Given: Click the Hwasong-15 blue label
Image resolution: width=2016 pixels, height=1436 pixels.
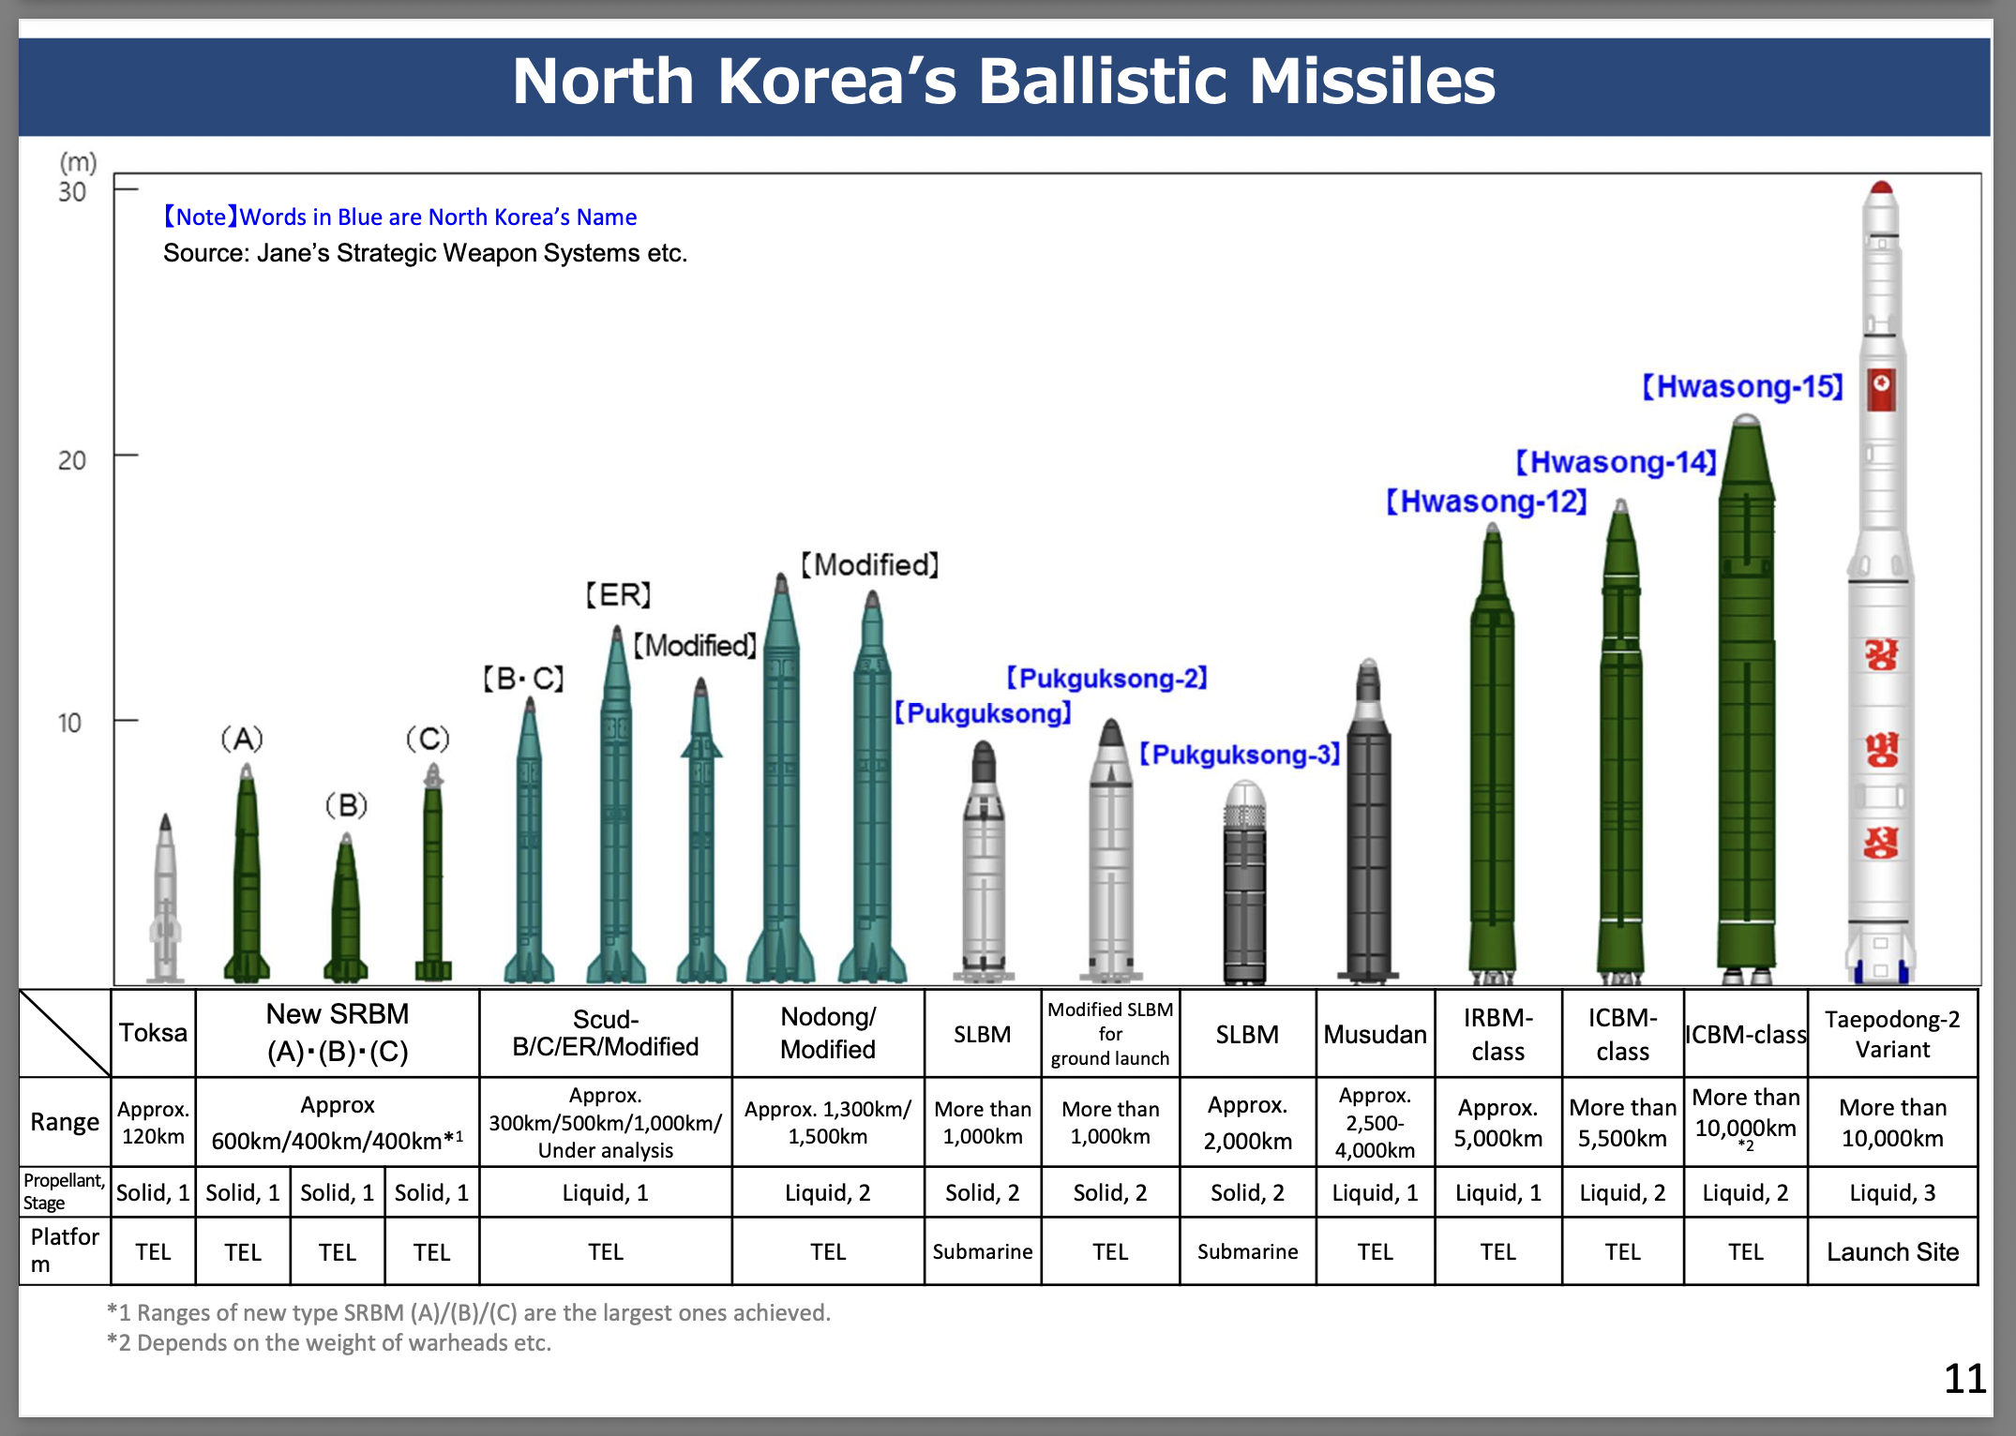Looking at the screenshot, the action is click(x=1742, y=386).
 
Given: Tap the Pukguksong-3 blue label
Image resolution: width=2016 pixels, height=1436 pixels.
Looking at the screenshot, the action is click(x=1240, y=755).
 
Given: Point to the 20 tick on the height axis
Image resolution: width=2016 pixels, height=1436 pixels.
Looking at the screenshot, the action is click(x=126, y=456).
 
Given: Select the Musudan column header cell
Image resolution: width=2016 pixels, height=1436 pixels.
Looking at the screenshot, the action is click(x=1375, y=1034).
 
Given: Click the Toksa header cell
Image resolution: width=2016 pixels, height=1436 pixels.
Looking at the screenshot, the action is click(x=153, y=1033).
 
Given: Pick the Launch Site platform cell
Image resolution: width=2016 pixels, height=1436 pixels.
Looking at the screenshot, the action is click(x=1892, y=1251).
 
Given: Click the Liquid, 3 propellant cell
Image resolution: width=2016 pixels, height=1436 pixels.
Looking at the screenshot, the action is click(x=1892, y=1192).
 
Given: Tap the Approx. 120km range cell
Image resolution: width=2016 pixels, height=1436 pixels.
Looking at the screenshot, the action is click(x=153, y=1122).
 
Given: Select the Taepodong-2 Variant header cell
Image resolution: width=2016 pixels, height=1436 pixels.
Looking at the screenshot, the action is click(x=1892, y=1034).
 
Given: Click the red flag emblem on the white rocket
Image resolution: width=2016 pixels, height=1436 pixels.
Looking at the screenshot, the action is click(x=1881, y=389).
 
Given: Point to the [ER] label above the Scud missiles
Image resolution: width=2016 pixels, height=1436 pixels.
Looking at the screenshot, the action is click(x=618, y=594).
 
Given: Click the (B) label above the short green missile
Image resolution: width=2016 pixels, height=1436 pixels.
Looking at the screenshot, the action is click(x=346, y=805).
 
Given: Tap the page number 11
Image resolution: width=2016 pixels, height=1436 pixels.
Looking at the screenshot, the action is click(x=1964, y=1379).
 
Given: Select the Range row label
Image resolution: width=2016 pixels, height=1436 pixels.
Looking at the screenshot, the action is click(x=64, y=1122).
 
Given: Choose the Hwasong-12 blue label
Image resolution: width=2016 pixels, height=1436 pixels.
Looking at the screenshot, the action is click(x=1487, y=501).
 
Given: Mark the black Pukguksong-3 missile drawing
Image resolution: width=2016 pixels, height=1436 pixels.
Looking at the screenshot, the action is click(x=1245, y=881).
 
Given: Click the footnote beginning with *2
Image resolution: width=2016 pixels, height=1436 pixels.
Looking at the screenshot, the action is click(x=329, y=1343).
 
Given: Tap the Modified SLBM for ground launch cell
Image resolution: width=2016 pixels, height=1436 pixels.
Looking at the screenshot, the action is click(x=1110, y=1034).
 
